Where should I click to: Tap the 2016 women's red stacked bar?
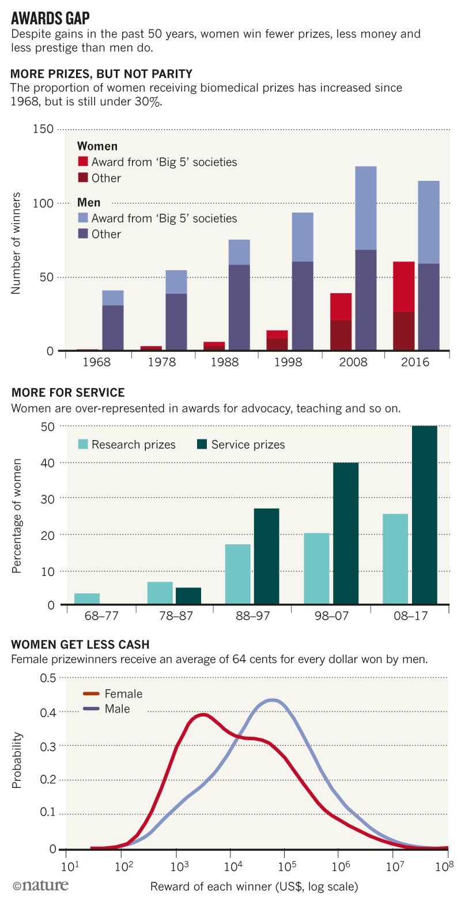pyautogui.click(x=403, y=305)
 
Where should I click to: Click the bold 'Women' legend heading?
pyautogui.click(x=97, y=146)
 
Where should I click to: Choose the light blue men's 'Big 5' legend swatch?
pyautogui.click(x=82, y=218)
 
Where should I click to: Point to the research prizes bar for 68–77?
pyautogui.click(x=87, y=599)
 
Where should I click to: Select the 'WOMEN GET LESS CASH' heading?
pyautogui.click(x=78, y=643)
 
